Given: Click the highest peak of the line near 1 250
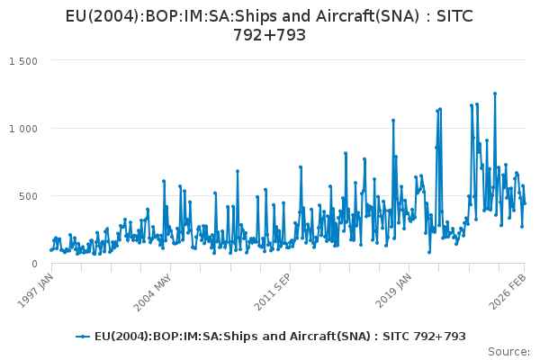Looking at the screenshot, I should [x=494, y=93].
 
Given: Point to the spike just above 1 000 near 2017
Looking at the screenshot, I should [x=393, y=120].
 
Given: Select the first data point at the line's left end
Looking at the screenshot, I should [x=50, y=250].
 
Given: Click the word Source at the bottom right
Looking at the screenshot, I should [x=508, y=351].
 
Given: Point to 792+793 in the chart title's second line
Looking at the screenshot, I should [x=270, y=35].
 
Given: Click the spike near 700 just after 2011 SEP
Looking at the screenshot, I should [x=301, y=166].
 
